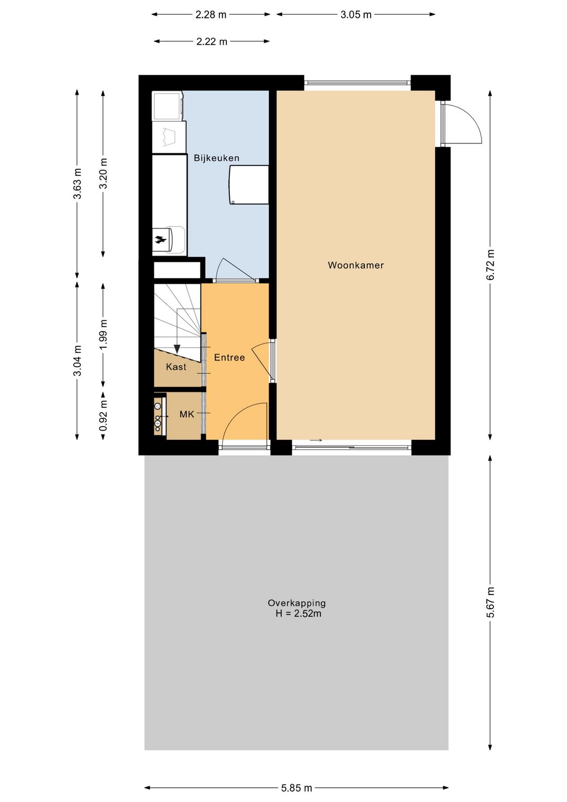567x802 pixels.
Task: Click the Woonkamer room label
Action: click(x=355, y=265)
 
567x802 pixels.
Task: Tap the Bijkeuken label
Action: click(x=216, y=158)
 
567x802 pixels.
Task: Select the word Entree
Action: click(x=229, y=357)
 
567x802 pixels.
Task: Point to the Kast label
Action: click(x=176, y=367)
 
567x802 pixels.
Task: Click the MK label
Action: click(x=187, y=414)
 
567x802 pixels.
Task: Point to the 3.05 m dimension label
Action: click(x=356, y=15)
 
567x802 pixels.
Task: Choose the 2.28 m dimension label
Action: click(x=211, y=15)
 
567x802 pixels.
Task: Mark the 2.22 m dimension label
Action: click(x=212, y=42)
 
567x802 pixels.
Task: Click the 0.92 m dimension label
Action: click(x=103, y=415)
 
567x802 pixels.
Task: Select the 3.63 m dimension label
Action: click(x=77, y=183)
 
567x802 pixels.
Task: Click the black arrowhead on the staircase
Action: click(x=177, y=348)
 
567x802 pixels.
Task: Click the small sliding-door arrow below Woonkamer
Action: click(x=316, y=440)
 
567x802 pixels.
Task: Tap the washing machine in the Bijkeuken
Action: click(x=167, y=106)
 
